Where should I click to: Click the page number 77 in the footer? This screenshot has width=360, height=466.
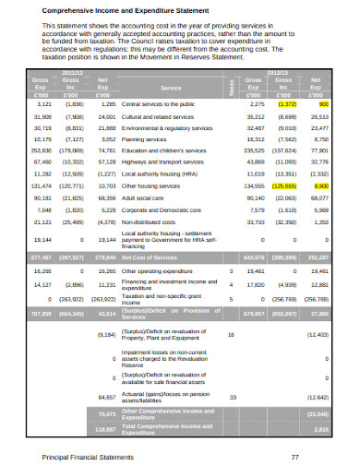coord(294,456)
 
